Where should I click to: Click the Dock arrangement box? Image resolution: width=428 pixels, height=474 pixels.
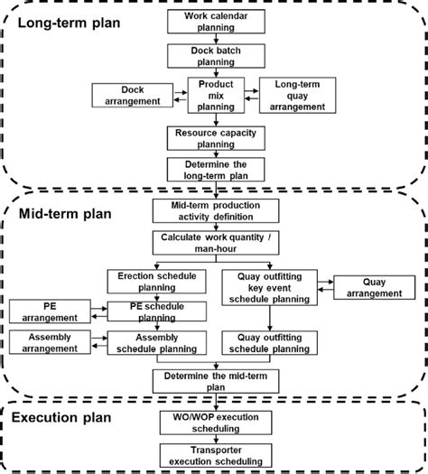click(132, 95)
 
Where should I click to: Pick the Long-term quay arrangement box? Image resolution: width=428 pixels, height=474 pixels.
click(293, 95)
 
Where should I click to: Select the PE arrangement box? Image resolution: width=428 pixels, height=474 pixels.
click(50, 311)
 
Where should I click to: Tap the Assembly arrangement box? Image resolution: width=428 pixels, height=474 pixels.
click(50, 342)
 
